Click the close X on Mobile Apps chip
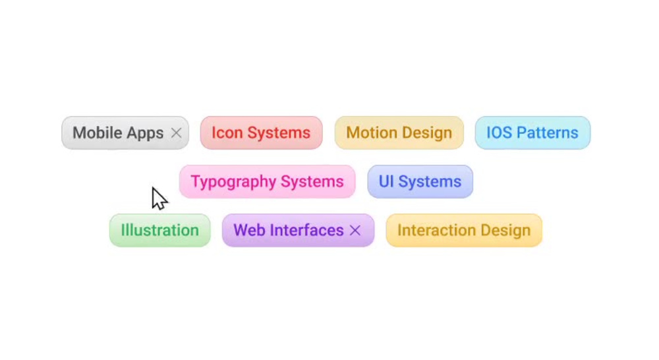pyautogui.click(x=177, y=133)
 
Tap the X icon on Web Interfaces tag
pyautogui.click(x=355, y=230)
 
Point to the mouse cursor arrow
pyautogui.click(x=159, y=198)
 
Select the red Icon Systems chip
pyautogui.click(x=262, y=133)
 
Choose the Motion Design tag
pyautogui.click(x=399, y=133)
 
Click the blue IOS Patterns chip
pyautogui.click(x=532, y=133)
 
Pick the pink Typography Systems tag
pyautogui.click(x=268, y=182)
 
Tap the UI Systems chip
pyautogui.click(x=420, y=182)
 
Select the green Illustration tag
pyautogui.click(x=160, y=231)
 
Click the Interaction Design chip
pyautogui.click(x=464, y=231)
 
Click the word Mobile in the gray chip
pyautogui.click(x=97, y=133)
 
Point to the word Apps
pyautogui.click(x=145, y=134)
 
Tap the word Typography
pyautogui.click(x=233, y=182)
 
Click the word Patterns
pyautogui.click(x=548, y=133)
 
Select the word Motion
pyautogui.click(x=370, y=133)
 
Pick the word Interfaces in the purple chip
pyautogui.click(x=307, y=231)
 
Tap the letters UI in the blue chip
pyautogui.click(x=386, y=182)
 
